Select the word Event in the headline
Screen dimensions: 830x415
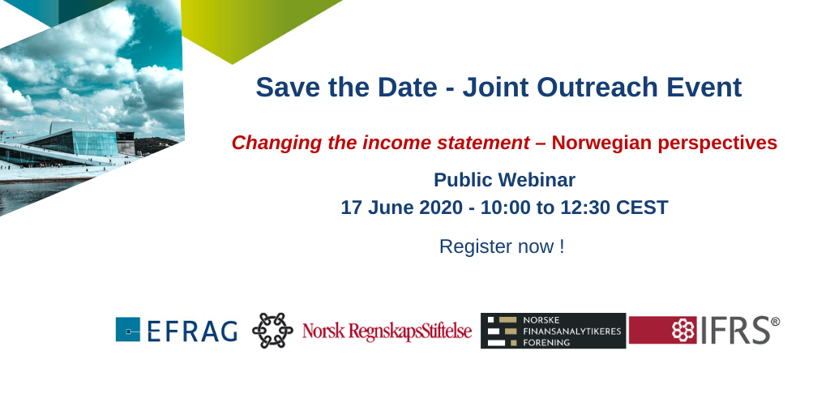(704, 88)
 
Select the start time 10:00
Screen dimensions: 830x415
(505, 207)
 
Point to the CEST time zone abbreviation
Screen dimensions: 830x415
(642, 207)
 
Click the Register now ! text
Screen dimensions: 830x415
(502, 246)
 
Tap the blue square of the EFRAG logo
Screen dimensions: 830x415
(128, 329)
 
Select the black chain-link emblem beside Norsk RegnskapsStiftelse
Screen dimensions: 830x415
(272, 331)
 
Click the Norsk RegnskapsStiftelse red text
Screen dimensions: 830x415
(387, 332)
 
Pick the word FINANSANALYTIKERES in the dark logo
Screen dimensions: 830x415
(571, 332)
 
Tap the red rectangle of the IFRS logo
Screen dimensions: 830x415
(663, 331)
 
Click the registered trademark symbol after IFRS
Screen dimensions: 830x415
(775, 321)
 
